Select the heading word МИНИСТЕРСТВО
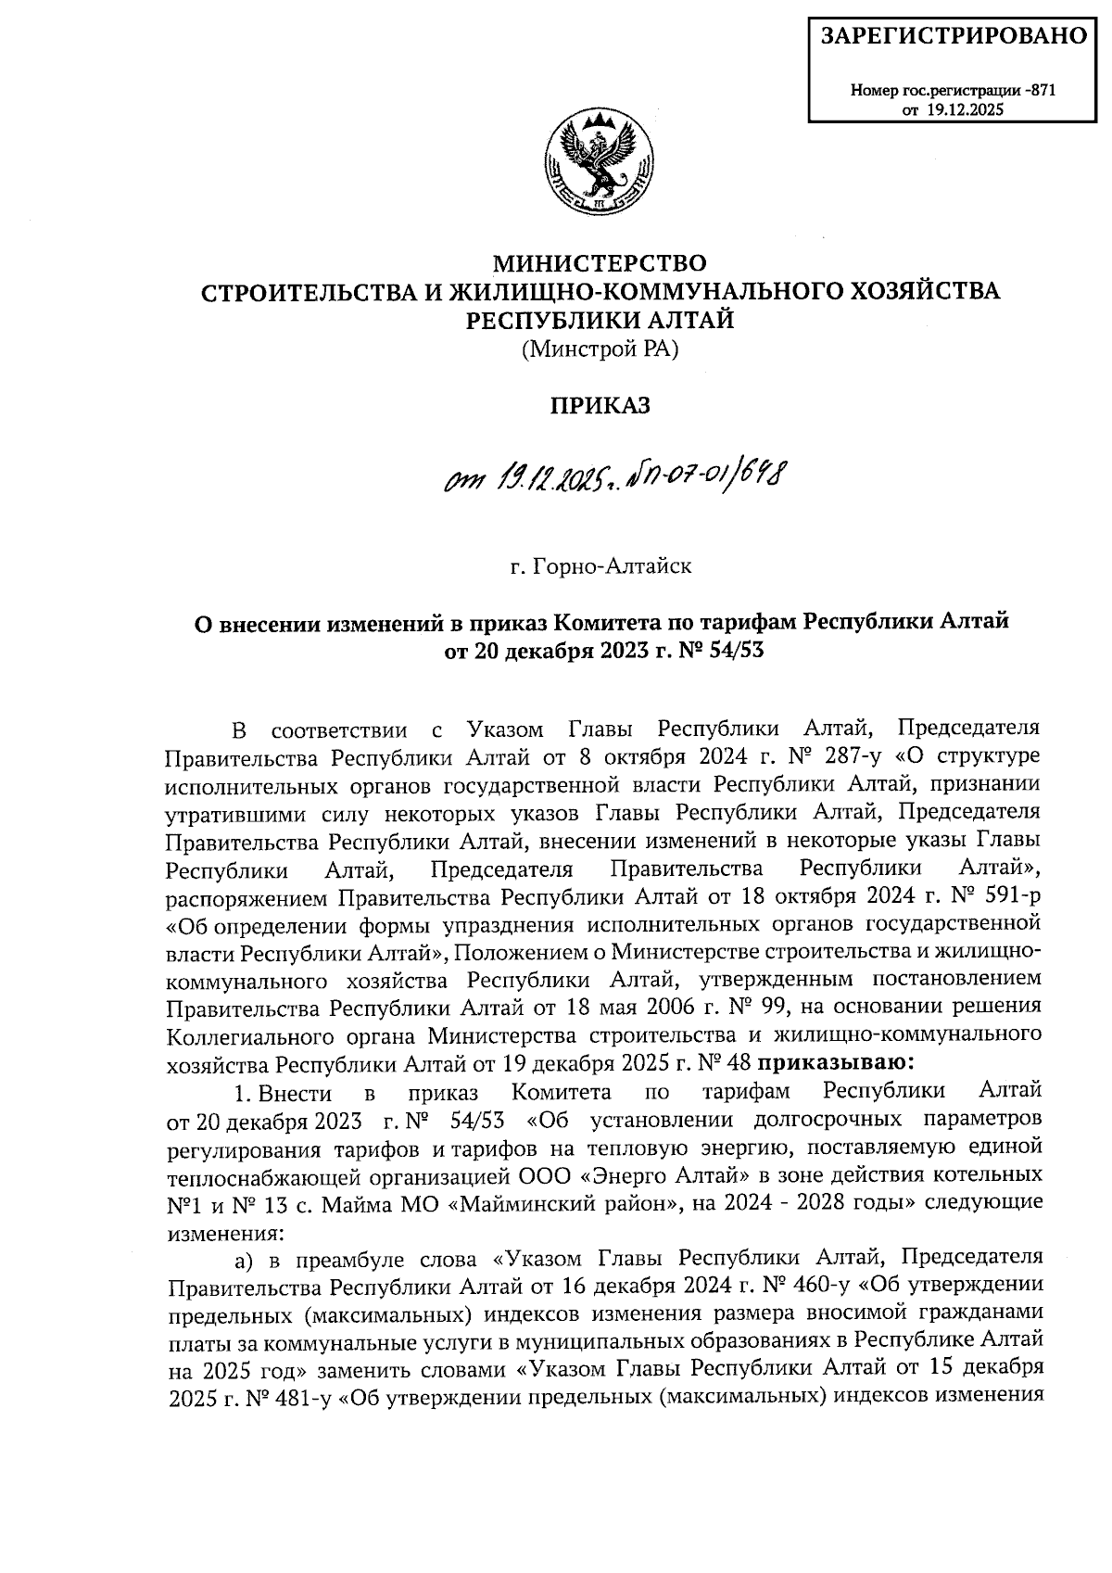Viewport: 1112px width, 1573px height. click(601, 263)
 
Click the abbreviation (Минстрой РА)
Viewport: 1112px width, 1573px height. click(600, 349)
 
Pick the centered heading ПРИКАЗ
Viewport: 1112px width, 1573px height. click(601, 405)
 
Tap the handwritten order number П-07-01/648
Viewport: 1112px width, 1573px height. click(705, 480)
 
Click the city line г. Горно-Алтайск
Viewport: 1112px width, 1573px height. click(600, 565)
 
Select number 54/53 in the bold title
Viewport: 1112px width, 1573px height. click(733, 650)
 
